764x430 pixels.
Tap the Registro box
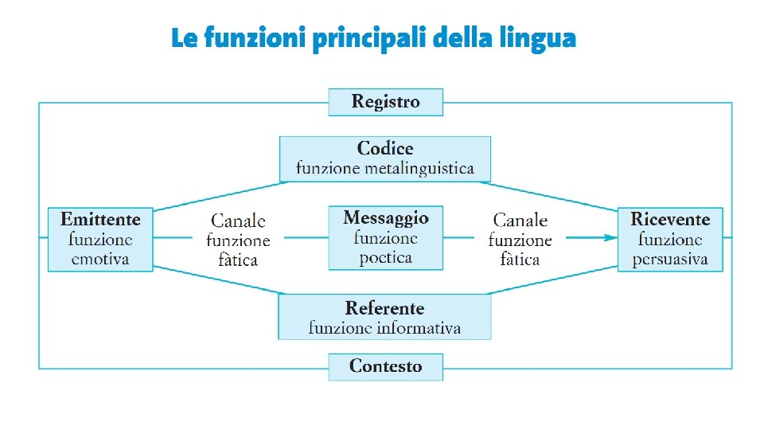(385, 102)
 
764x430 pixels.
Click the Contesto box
(385, 366)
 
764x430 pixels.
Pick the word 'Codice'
(385, 148)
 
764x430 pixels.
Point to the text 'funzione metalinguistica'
(385, 169)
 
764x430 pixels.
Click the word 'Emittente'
(100, 219)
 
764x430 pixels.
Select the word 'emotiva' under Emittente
(100, 259)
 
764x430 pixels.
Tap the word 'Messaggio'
(386, 217)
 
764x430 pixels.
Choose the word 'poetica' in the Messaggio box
(386, 257)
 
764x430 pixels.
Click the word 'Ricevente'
(670, 219)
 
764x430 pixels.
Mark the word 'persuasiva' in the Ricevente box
(670, 260)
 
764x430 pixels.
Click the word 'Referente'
(384, 308)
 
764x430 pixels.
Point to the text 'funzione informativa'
(384, 328)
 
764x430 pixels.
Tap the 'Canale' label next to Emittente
(238, 220)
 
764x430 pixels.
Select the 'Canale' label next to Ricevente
(520, 220)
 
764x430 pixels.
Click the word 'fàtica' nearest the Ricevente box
(520, 260)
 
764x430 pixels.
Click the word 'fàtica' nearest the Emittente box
(238, 260)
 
